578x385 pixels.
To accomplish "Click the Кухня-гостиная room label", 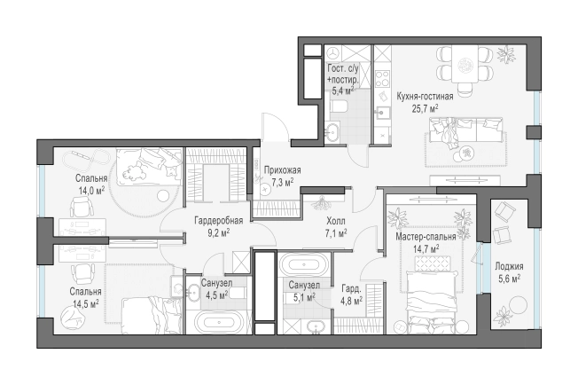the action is click(x=425, y=97).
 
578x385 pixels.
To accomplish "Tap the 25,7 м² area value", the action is click(x=425, y=108).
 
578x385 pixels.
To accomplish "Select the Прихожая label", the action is click(x=283, y=170).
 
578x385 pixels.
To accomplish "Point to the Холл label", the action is click(x=336, y=221).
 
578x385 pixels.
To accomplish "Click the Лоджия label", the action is click(x=509, y=266).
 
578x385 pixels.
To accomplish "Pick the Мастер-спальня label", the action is click(x=426, y=237).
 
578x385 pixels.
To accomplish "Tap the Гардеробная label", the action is click(x=219, y=221).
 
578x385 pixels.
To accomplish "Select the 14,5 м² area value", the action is click(x=85, y=304).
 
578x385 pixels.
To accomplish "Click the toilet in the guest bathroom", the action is click(x=339, y=107).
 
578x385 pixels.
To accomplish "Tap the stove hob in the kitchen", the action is click(x=383, y=79).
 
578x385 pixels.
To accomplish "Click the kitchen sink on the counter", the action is click(x=383, y=112).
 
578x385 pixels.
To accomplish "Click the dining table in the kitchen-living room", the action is click(x=465, y=65).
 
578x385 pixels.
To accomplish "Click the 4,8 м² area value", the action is click(x=352, y=302).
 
